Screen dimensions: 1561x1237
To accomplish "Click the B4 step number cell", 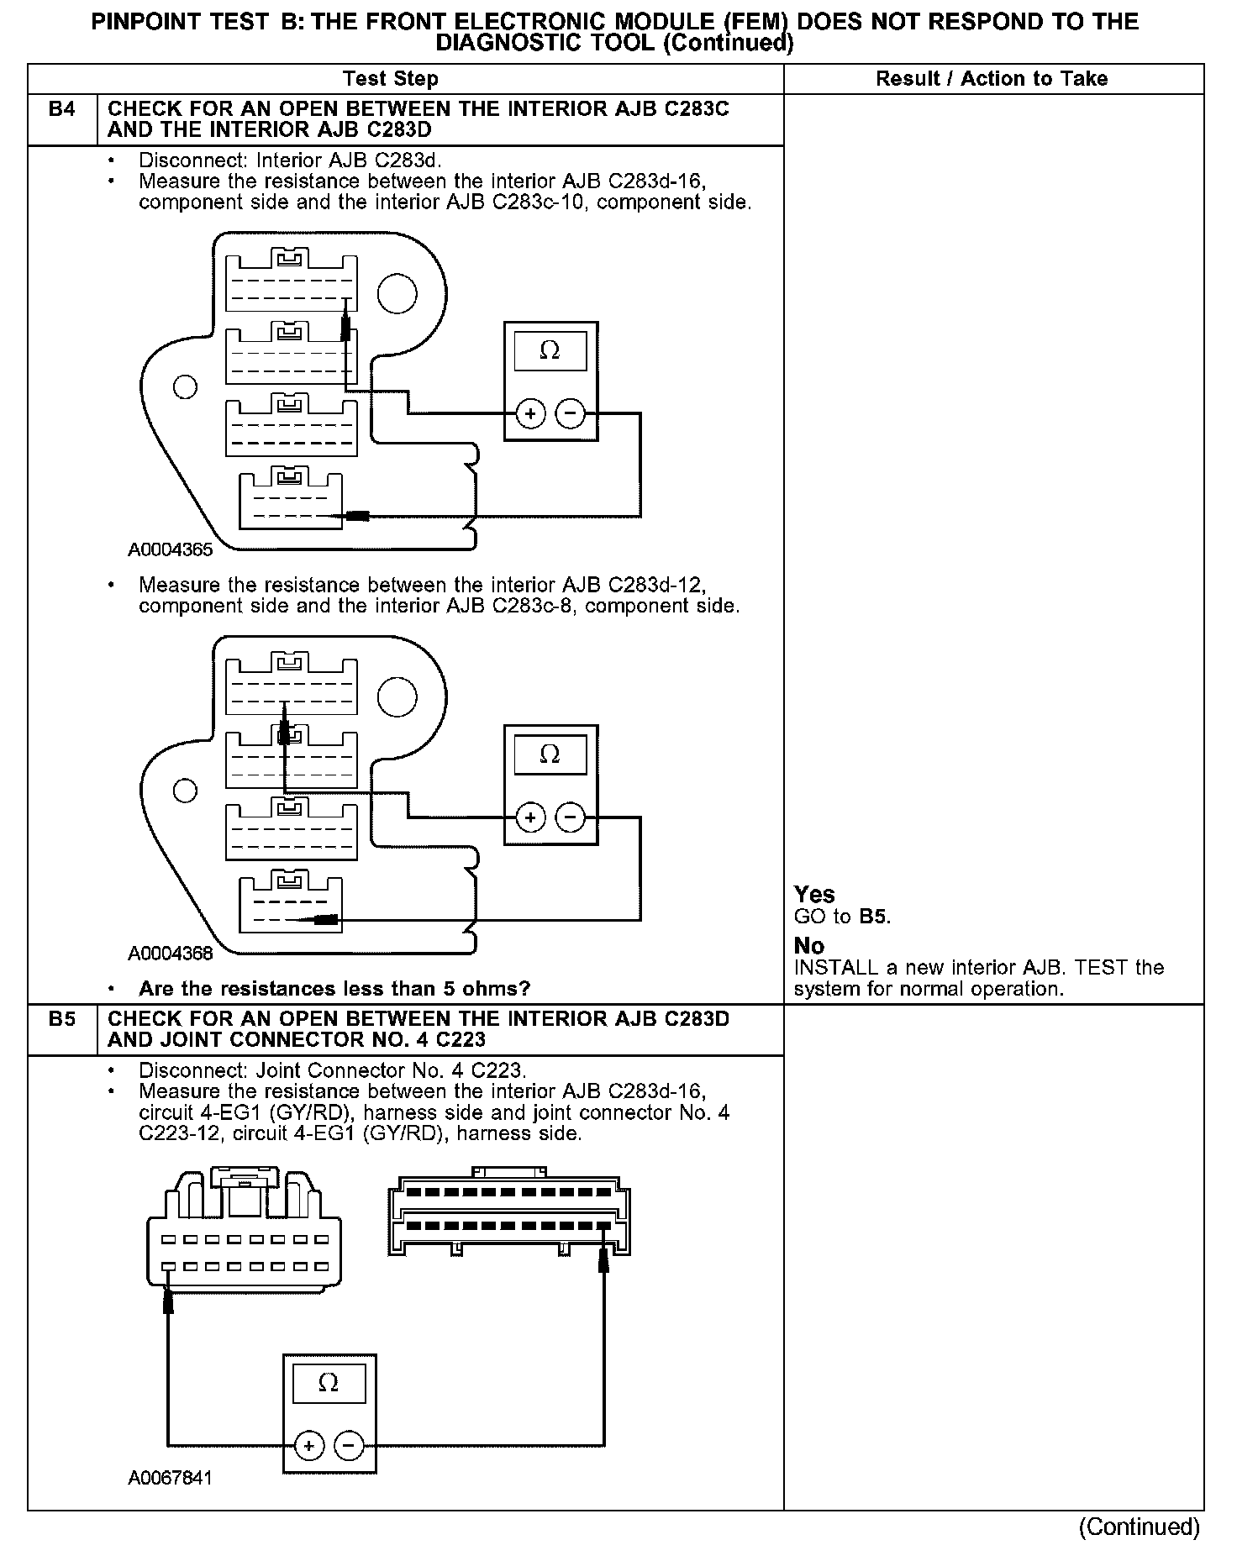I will coord(62,109).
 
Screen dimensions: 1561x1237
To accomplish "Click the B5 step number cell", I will coord(62,1019).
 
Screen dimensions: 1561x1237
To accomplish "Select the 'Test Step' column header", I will coord(391,79).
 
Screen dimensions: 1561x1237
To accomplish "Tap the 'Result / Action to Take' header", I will coord(992,79).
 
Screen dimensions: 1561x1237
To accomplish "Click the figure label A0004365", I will coord(171,550).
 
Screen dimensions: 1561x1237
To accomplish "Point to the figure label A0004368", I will coord(171,954).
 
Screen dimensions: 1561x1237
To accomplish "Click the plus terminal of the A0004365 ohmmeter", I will coord(530,413).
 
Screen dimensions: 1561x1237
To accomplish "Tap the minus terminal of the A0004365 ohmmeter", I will coord(571,413).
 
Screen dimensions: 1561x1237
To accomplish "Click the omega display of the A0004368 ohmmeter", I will coord(550,754).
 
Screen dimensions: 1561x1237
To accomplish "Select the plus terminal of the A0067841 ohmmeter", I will coord(309,1446).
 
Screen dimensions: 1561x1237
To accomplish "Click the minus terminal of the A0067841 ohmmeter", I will coord(349,1446).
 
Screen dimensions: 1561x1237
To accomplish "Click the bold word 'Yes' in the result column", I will coord(814,895).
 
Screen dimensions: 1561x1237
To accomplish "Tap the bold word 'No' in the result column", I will coord(808,946).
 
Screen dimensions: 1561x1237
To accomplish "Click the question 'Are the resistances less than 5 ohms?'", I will coord(334,989).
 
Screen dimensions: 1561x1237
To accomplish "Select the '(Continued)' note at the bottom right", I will coord(1139,1527).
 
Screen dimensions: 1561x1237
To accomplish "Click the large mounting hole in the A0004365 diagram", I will coord(397,293).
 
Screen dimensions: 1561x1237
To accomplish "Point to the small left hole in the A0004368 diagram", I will coord(185,791).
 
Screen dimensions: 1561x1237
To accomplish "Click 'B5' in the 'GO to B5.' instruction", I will coord(873,917).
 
